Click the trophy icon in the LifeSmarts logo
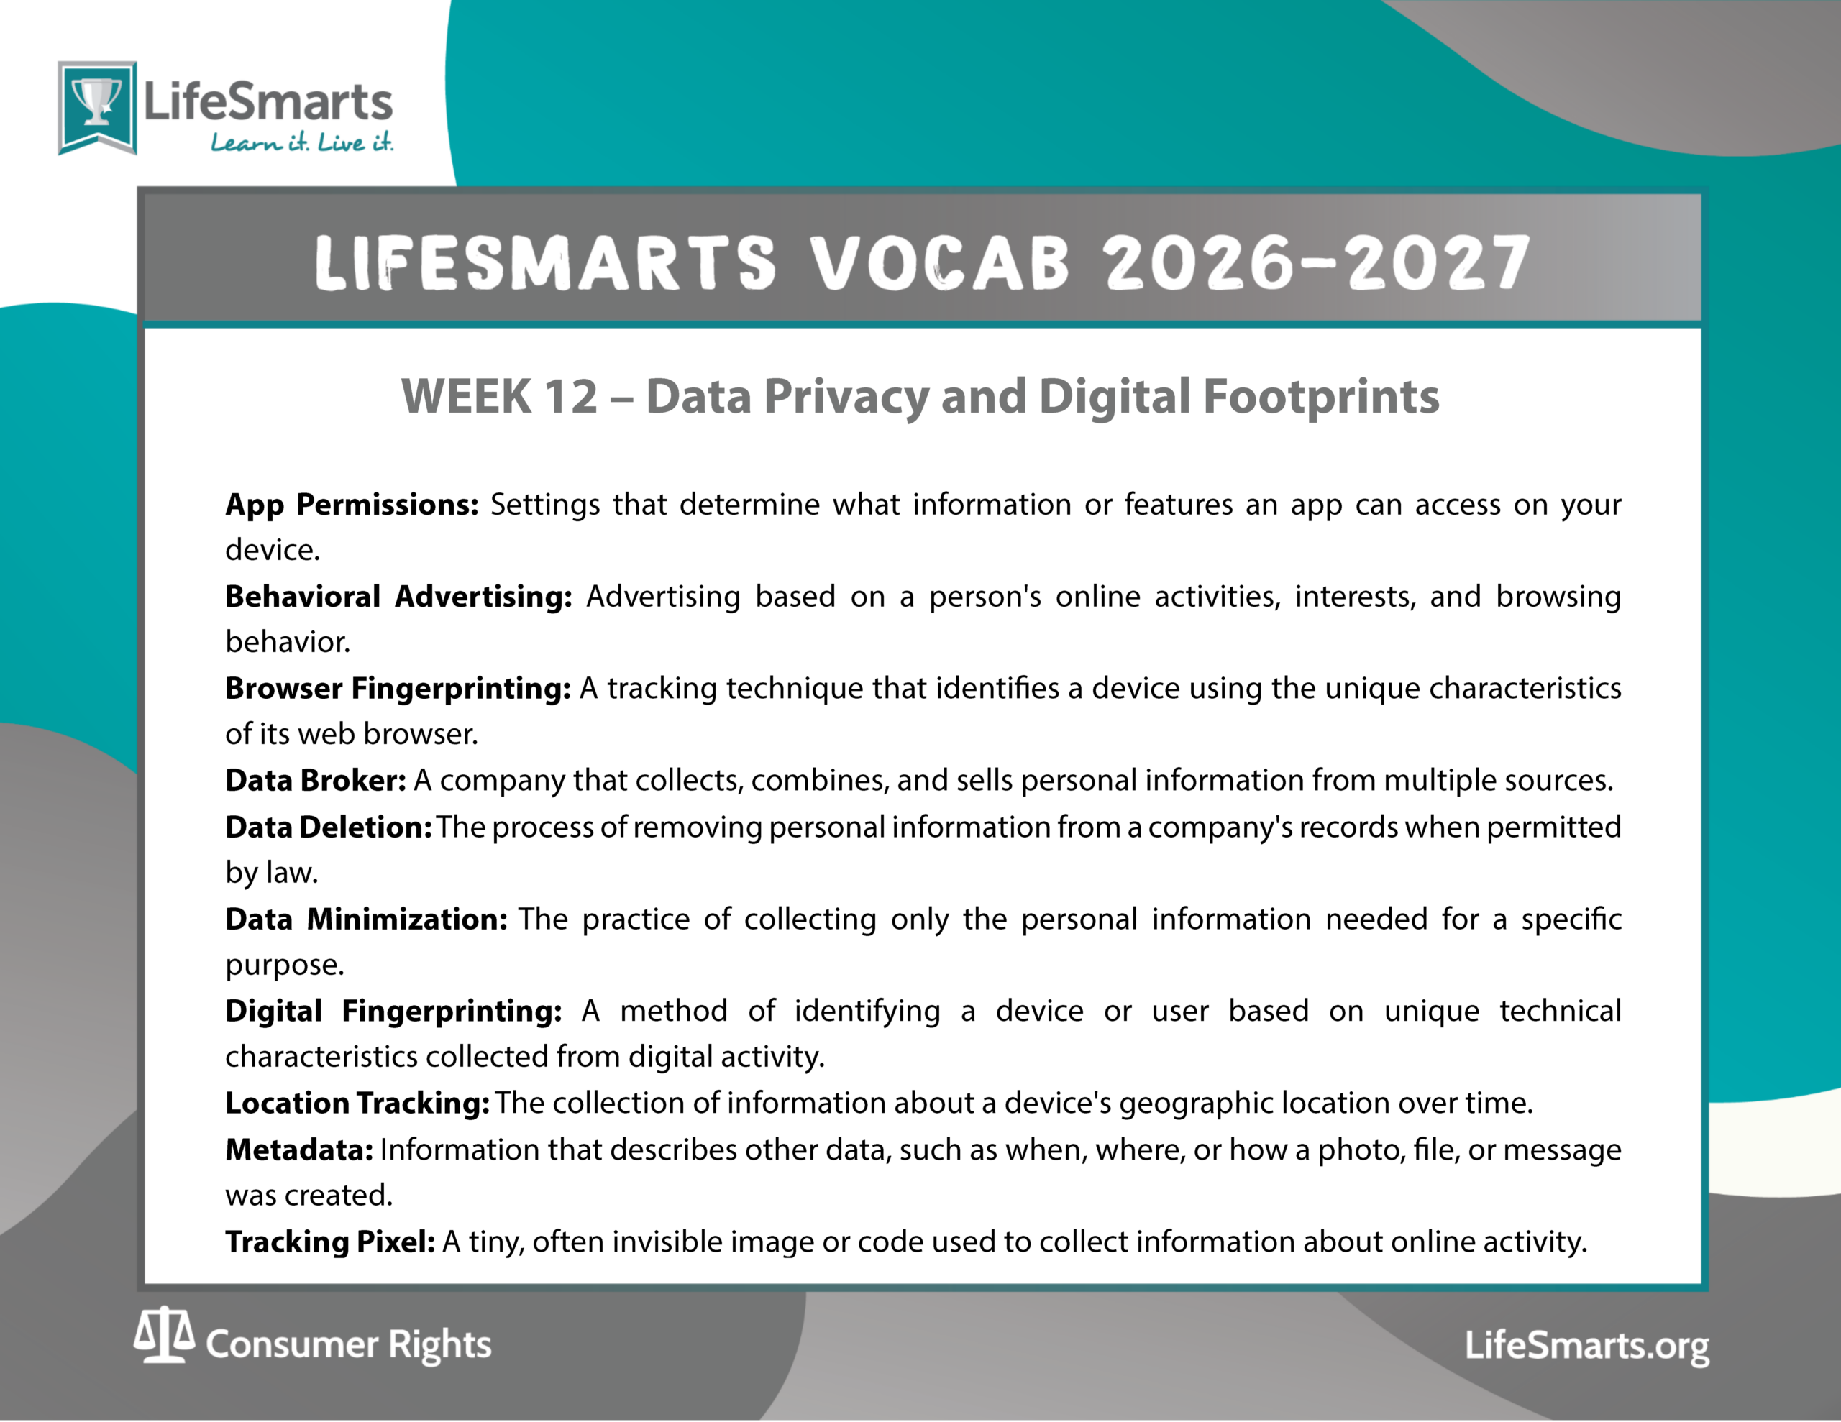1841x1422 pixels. tap(97, 102)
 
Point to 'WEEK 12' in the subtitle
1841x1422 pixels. tap(500, 396)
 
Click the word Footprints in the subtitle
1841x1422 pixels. tap(1321, 397)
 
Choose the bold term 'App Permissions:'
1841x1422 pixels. tap(352, 505)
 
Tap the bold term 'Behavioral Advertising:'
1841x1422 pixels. tap(398, 597)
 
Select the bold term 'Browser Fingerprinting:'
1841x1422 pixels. tap(398, 689)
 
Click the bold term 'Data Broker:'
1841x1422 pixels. tap(315, 781)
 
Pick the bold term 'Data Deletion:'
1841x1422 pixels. tap(329, 827)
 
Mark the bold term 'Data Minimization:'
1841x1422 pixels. tap(367, 919)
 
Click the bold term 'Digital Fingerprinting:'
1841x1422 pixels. tap(393, 1011)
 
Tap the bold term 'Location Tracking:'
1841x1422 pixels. tap(357, 1103)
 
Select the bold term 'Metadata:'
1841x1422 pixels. tap(299, 1150)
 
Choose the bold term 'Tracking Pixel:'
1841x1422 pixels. tap(330, 1242)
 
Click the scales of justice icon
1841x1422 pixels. tap(165, 1335)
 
